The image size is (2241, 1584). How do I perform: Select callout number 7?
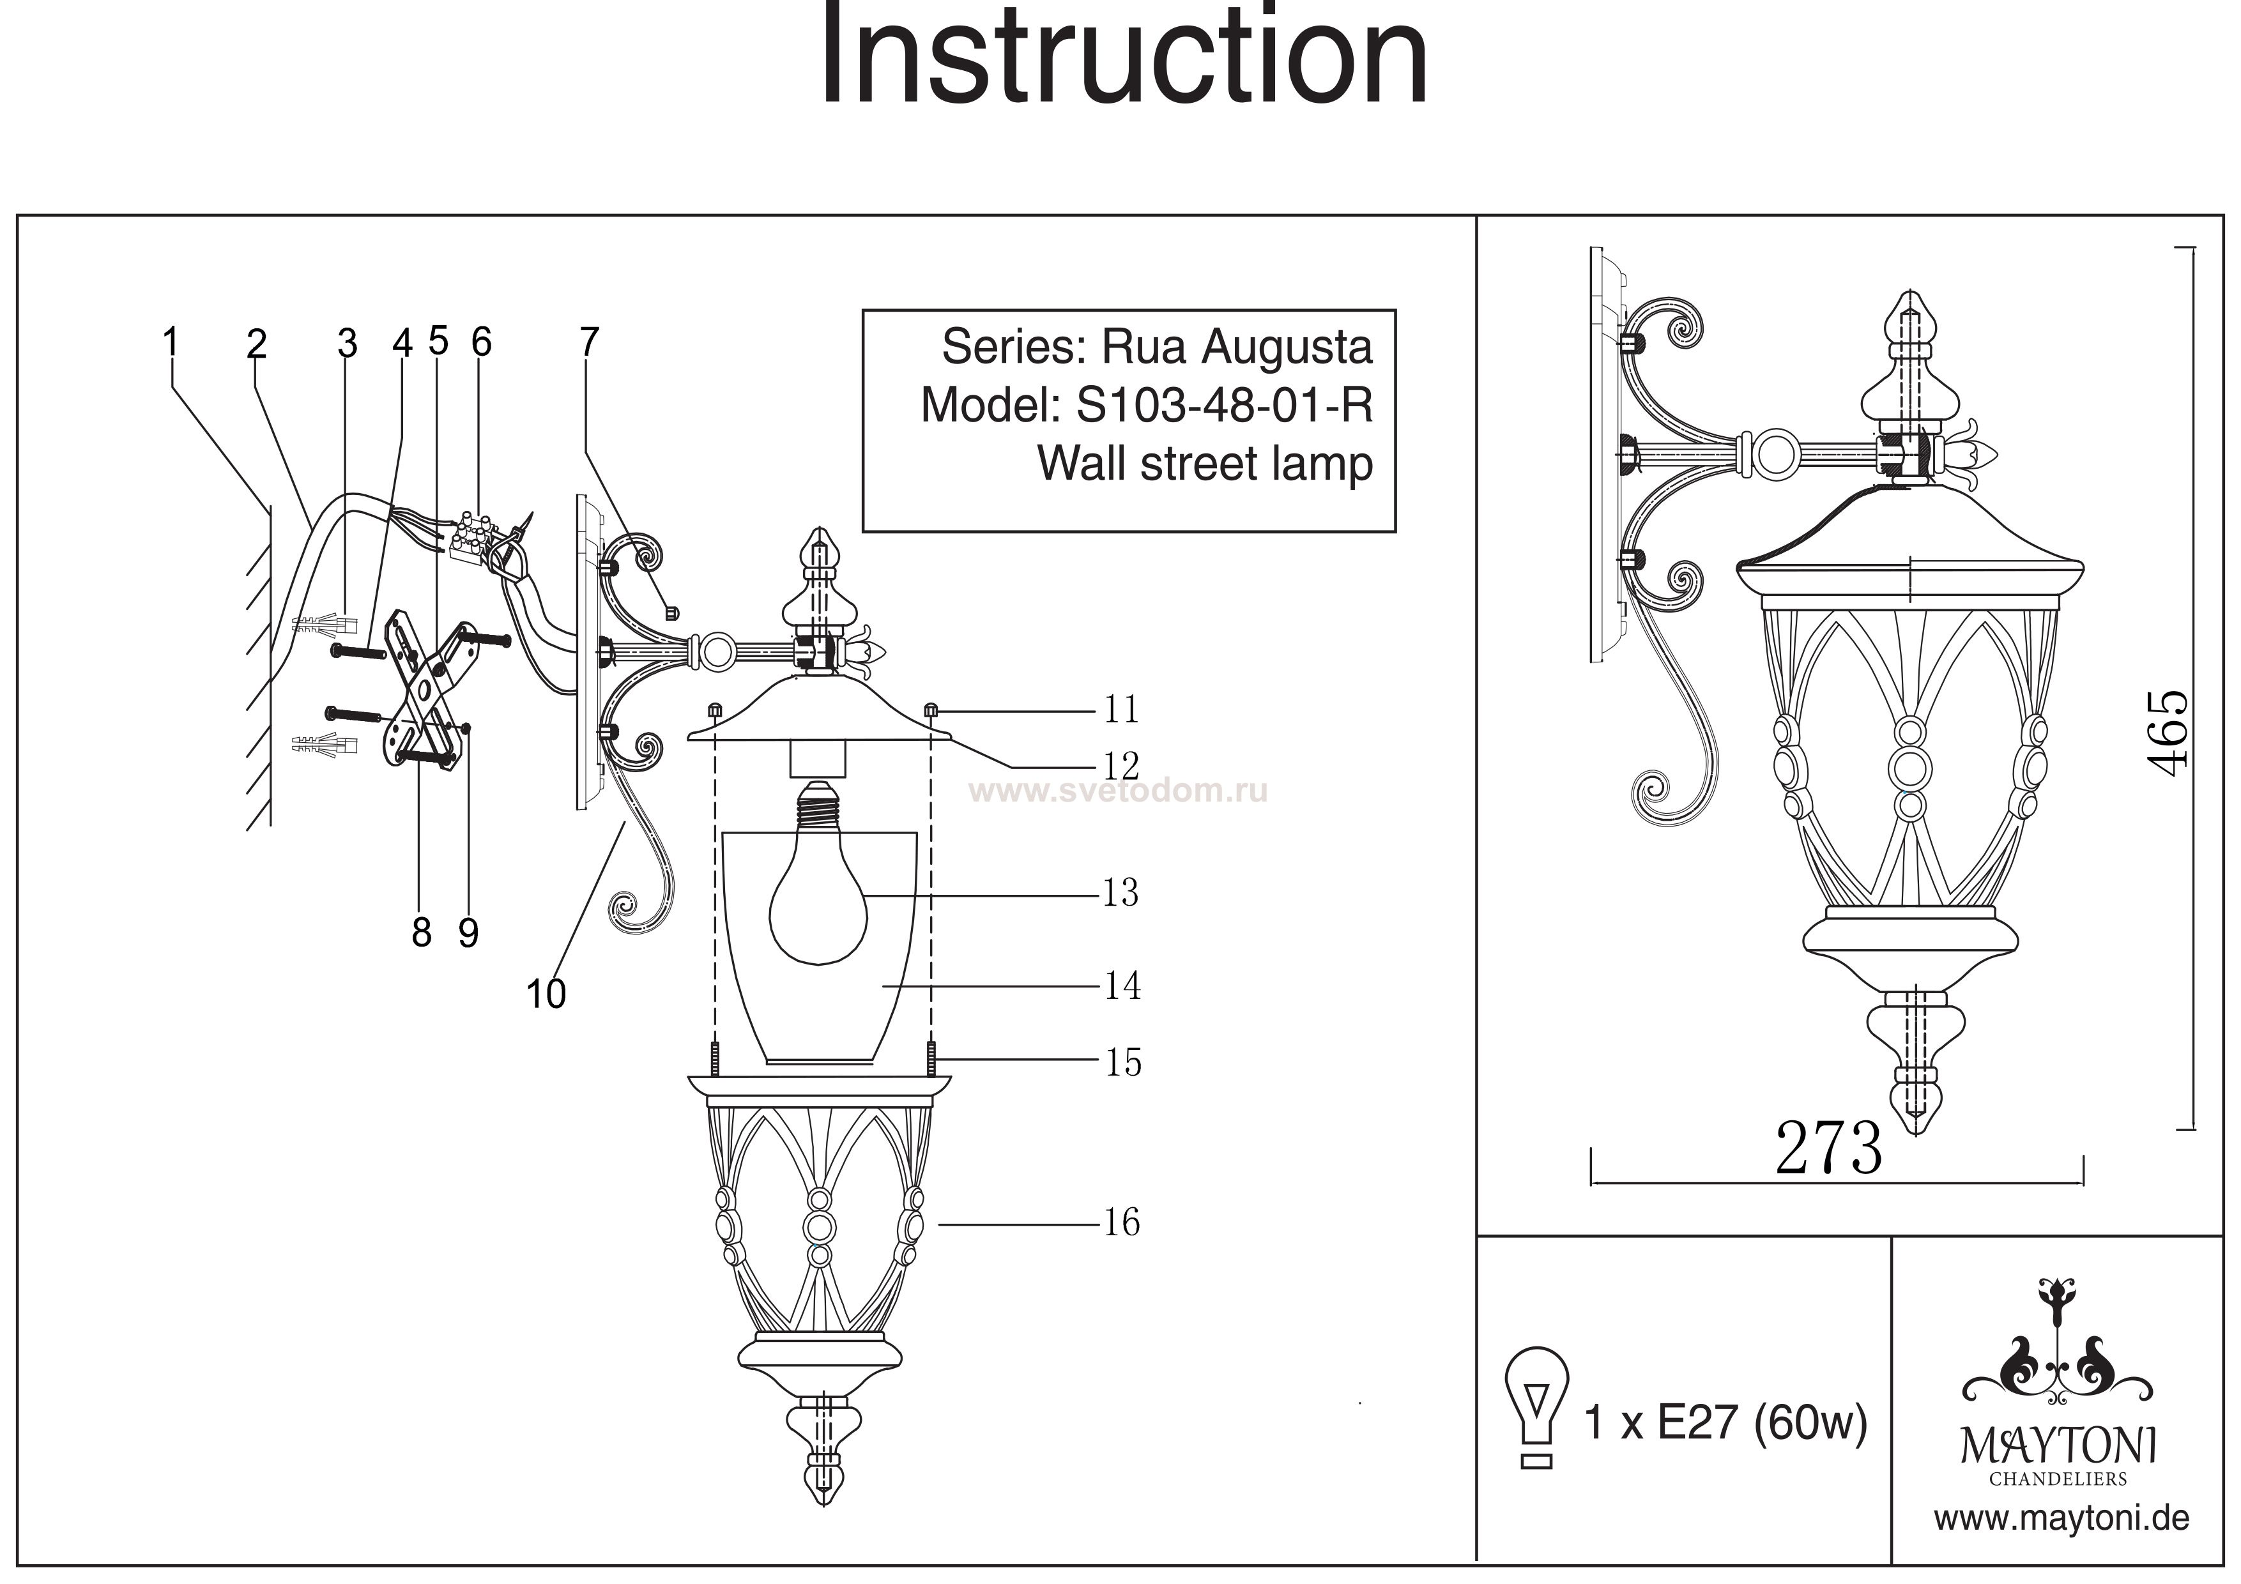pos(588,342)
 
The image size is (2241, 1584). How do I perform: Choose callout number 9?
pos(468,933)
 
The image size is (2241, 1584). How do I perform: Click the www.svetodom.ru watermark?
pos(1122,791)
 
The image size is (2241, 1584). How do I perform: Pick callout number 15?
pos(1122,1062)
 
